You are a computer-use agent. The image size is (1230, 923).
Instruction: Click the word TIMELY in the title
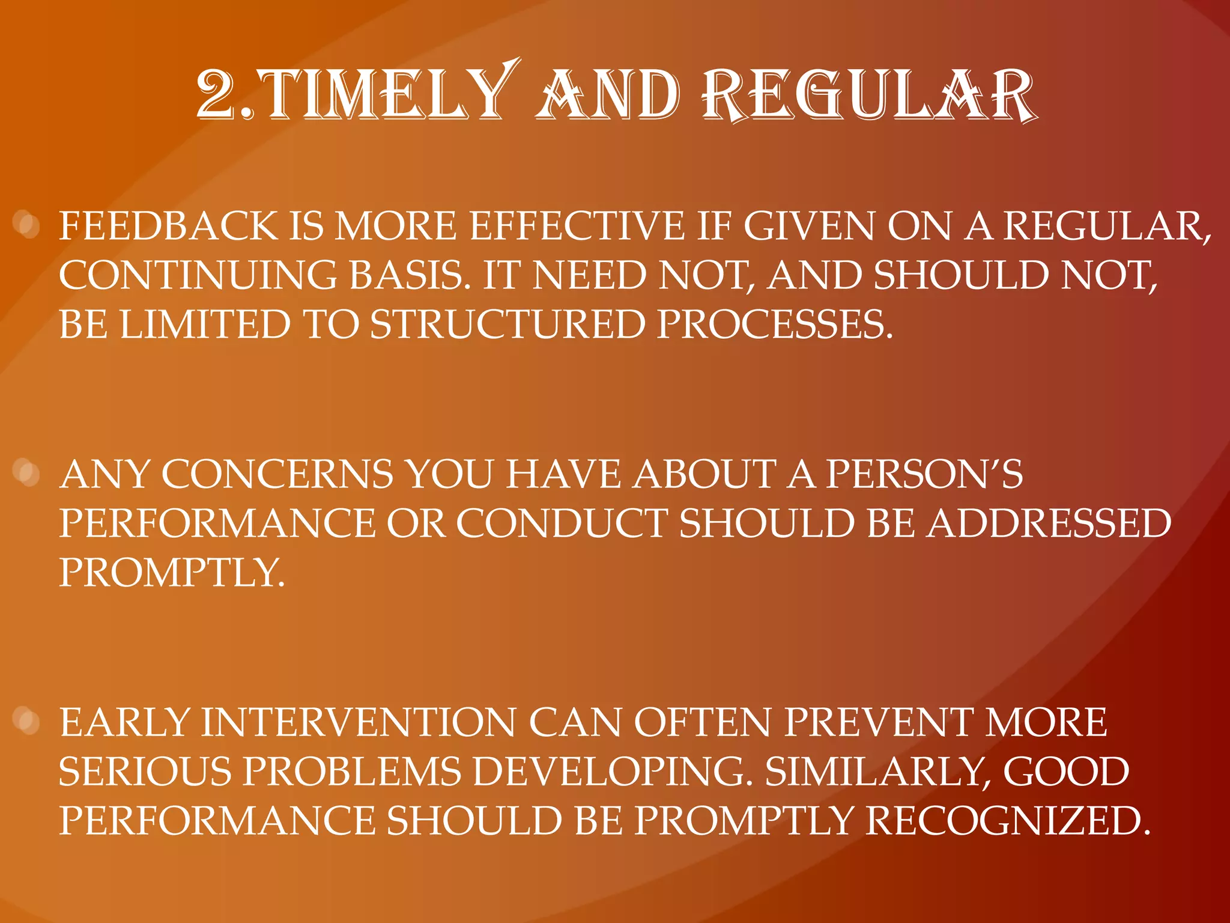(384, 95)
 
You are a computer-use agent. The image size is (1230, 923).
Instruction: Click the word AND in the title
(608, 95)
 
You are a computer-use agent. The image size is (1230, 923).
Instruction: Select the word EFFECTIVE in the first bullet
(577, 227)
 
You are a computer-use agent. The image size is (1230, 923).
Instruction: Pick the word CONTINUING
(198, 276)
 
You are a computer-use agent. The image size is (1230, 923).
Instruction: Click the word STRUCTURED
(507, 325)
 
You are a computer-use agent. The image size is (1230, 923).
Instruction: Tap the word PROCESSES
(775, 325)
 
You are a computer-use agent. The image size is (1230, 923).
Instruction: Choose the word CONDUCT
(562, 524)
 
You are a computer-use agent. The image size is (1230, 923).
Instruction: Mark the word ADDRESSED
(1048, 524)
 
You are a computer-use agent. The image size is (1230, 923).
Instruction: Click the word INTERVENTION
(358, 723)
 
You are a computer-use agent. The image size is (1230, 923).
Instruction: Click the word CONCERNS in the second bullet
(277, 475)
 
